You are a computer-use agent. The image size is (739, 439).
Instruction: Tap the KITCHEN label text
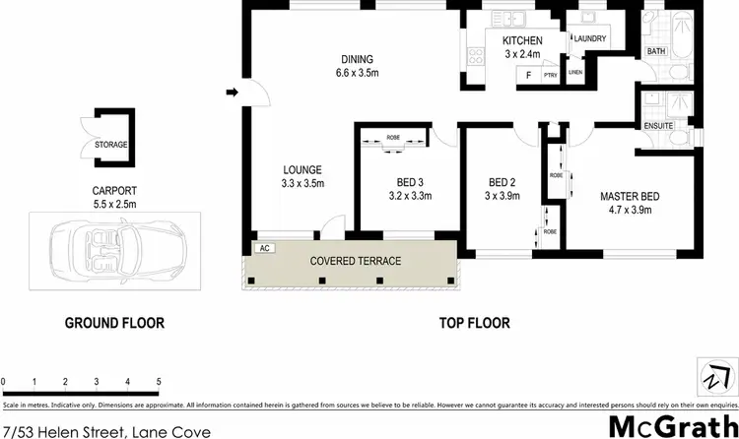coord(523,40)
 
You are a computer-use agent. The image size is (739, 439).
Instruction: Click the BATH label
coord(655,50)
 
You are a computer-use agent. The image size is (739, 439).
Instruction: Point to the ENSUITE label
coord(657,126)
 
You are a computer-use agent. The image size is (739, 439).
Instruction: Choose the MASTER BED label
coord(631,196)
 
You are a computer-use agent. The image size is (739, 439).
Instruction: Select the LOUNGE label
coord(302,169)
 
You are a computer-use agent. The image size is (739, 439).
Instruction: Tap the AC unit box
coord(263,248)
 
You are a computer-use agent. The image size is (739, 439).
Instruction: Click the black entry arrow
coord(232,94)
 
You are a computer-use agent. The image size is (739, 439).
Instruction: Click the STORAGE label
coord(110,145)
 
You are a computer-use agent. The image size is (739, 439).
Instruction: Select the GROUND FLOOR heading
coord(114,323)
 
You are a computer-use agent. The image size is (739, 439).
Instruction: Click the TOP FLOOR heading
coord(475,323)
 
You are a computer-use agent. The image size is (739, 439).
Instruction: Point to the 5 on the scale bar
coord(159,381)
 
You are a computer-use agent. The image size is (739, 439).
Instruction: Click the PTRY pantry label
coord(551,75)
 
